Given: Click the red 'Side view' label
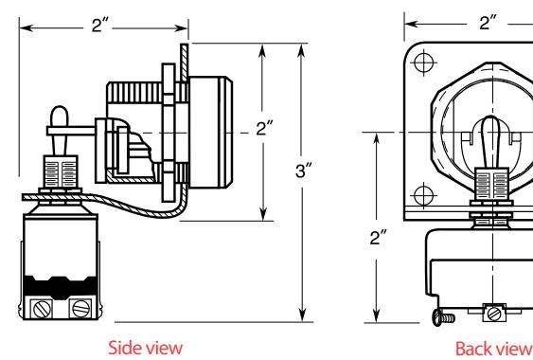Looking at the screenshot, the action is (146, 348).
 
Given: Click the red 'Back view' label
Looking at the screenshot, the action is (494, 349).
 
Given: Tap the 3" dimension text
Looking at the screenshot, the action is (304, 171).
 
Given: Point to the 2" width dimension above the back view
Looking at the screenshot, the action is (488, 23).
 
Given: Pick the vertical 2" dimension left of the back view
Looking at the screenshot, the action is (379, 238).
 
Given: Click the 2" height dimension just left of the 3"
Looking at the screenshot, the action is (264, 129).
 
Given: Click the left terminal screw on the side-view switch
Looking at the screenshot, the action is (43, 309).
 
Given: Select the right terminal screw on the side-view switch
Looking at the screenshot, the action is (81, 309).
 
